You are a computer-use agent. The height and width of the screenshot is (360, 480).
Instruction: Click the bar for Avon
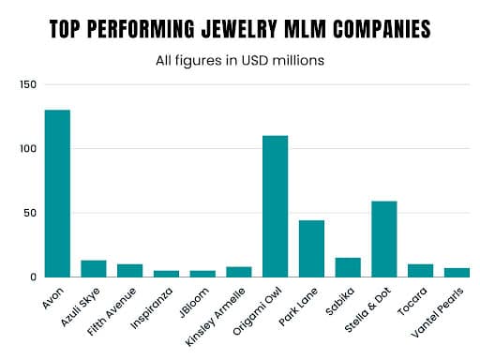pyautogui.click(x=57, y=193)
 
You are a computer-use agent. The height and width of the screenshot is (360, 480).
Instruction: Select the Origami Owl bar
pyautogui.click(x=275, y=206)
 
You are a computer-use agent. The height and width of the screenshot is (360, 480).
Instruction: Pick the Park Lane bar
pyautogui.click(x=311, y=248)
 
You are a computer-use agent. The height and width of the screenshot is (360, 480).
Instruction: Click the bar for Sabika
pyautogui.click(x=347, y=267)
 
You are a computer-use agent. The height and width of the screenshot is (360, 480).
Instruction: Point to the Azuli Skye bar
pyautogui.click(x=94, y=268)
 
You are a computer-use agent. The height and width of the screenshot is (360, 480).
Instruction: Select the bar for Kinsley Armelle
pyautogui.click(x=239, y=272)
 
